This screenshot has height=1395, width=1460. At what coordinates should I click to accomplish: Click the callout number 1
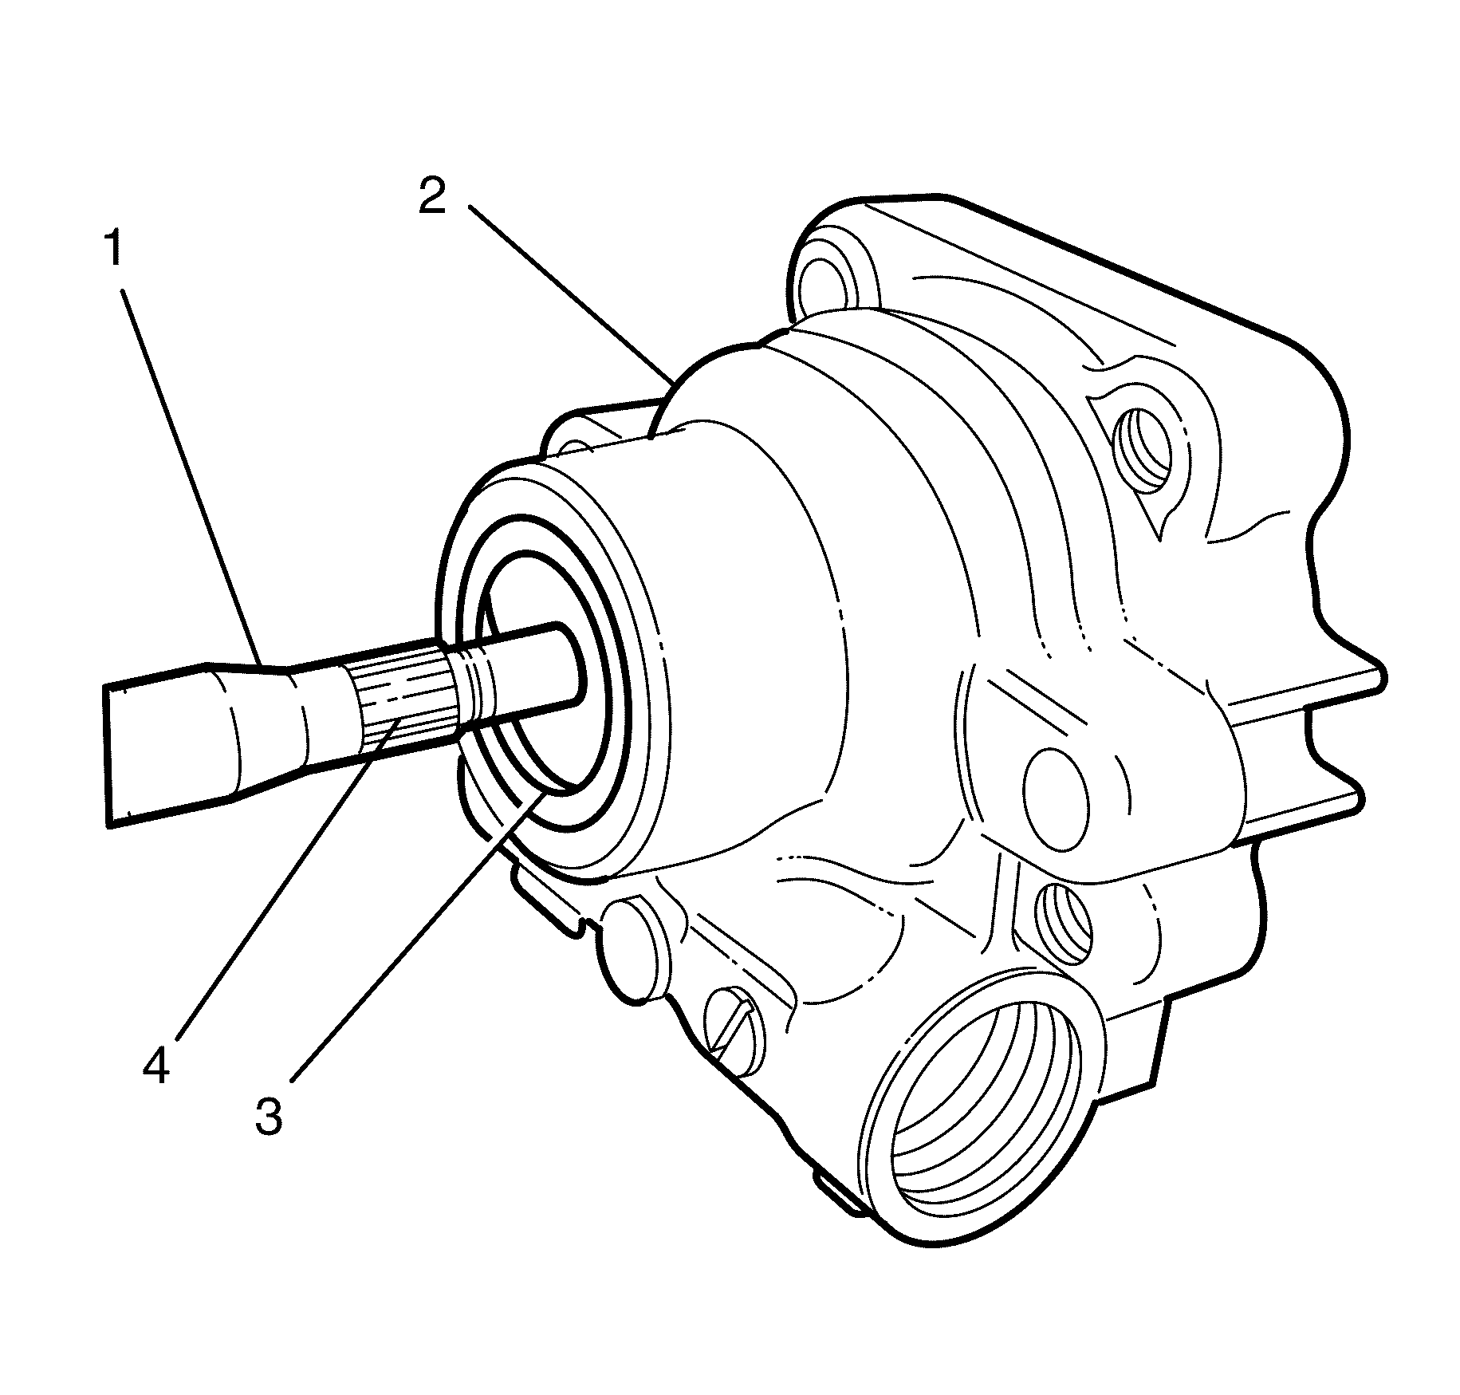point(113,250)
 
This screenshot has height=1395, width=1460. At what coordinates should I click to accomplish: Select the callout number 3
point(269,1117)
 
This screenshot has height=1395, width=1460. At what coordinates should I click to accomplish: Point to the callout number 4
point(156,1066)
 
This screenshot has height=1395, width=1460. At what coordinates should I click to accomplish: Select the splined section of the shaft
point(402,699)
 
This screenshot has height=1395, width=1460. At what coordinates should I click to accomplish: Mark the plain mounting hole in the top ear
point(825,278)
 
